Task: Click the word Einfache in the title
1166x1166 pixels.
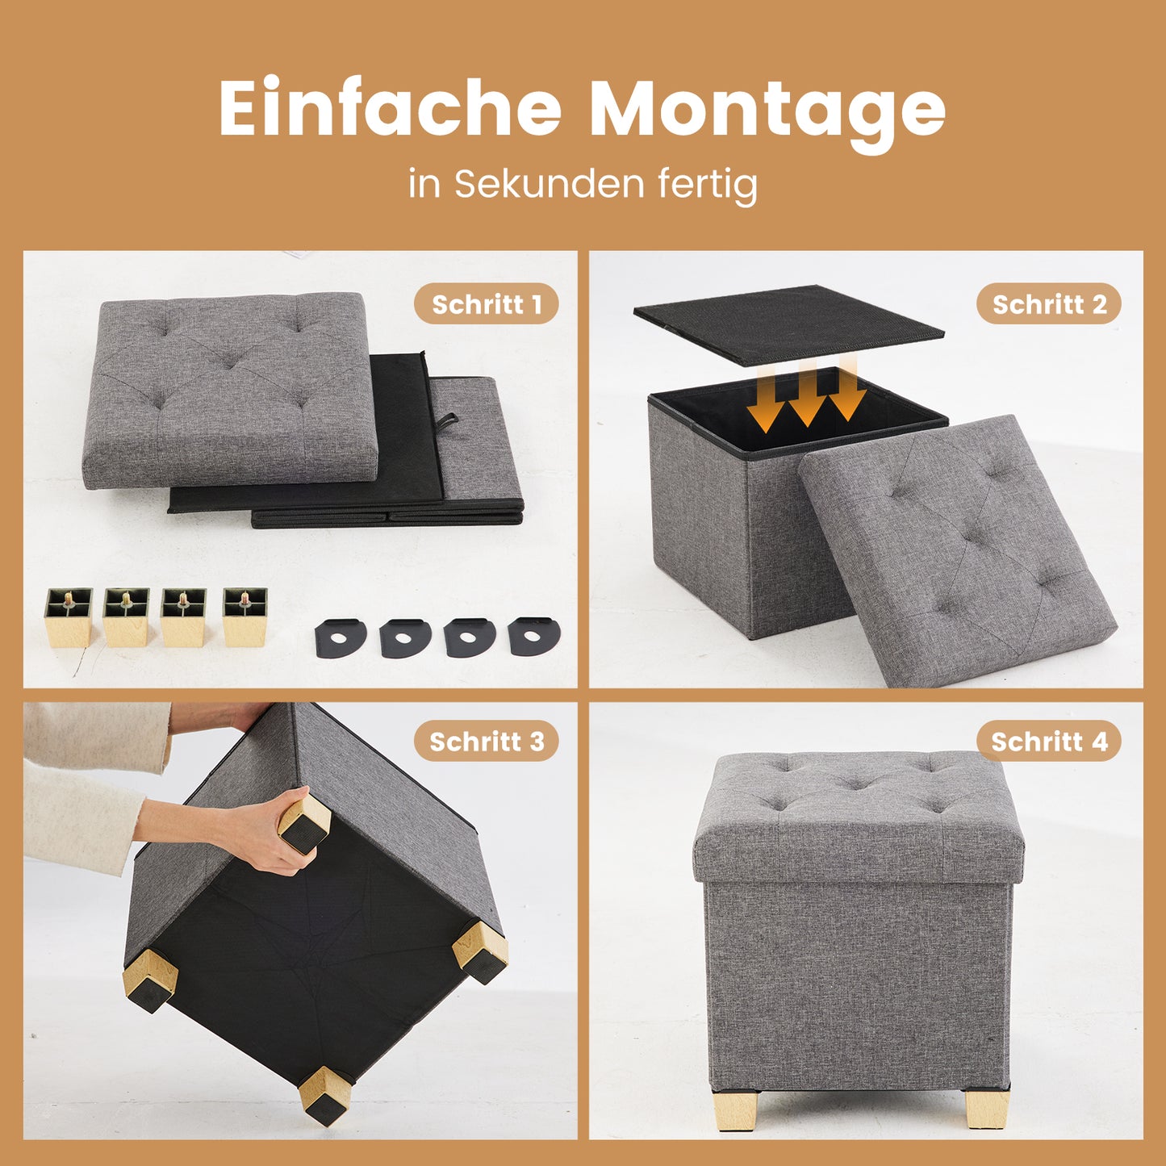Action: tap(391, 108)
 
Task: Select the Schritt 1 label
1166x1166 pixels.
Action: tap(487, 304)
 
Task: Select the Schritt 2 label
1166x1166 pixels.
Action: tap(1049, 304)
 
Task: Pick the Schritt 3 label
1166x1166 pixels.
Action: tap(487, 742)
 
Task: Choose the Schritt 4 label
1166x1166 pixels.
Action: tap(1049, 742)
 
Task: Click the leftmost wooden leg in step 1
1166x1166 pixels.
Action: tap(69, 617)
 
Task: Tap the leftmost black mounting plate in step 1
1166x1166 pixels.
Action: tap(340, 637)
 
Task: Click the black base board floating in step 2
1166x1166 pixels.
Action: tap(788, 325)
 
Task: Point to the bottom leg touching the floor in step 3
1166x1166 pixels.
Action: tap(325, 1095)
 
